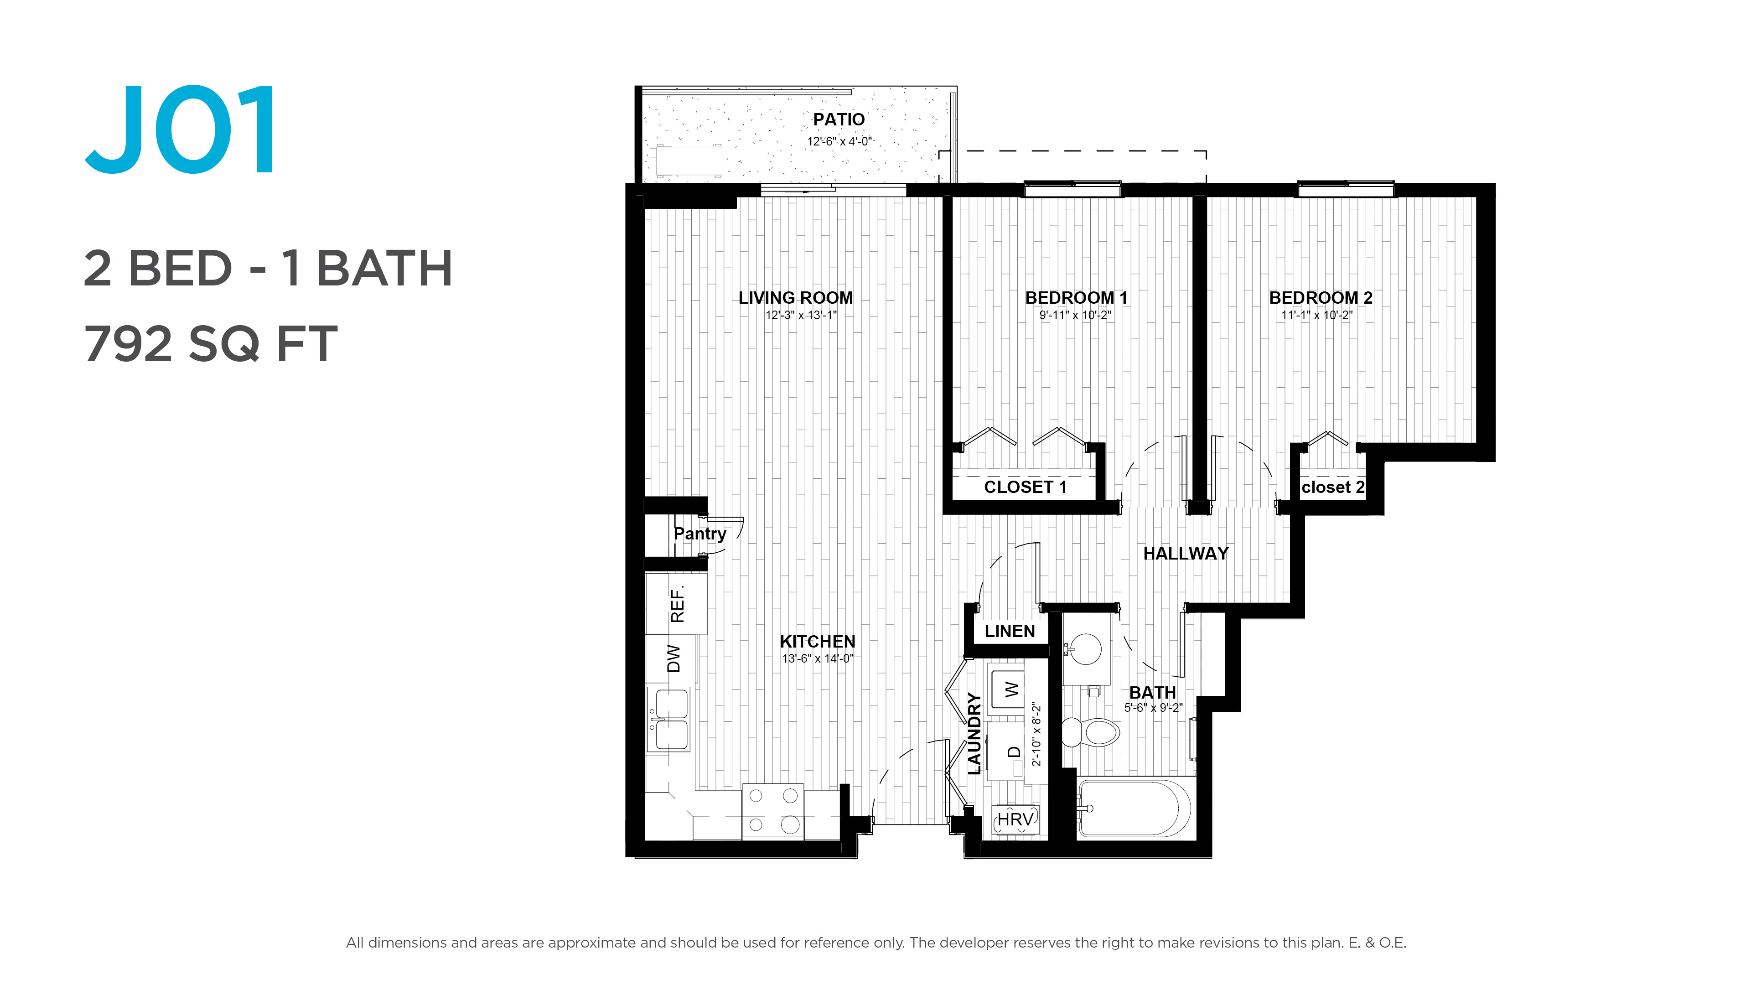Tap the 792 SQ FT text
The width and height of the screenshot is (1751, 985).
[x=211, y=344]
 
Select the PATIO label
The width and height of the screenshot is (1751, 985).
[x=839, y=119]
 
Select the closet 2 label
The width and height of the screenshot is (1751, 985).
[x=1333, y=487]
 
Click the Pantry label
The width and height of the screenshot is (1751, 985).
[x=699, y=534]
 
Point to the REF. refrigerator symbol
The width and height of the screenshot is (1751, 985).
[x=676, y=604]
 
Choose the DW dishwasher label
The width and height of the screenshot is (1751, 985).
[x=673, y=658]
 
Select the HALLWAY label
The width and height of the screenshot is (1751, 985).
[x=1186, y=554]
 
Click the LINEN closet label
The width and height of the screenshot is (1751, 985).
[x=1010, y=632]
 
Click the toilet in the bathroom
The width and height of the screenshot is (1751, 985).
[x=1090, y=732]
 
